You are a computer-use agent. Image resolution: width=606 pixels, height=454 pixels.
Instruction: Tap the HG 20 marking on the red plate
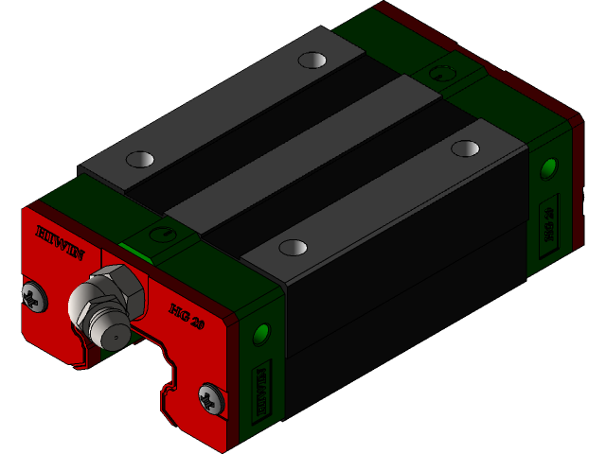187,315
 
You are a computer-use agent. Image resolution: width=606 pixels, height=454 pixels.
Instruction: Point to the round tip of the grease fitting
116,335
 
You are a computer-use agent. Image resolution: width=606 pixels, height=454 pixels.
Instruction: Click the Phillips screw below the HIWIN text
35,295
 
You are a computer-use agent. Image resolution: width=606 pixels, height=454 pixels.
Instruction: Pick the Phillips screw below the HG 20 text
210,398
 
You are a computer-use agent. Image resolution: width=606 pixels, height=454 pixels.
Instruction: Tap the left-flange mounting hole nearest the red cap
139,159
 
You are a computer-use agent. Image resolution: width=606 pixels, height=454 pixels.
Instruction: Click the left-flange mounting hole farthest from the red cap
312,61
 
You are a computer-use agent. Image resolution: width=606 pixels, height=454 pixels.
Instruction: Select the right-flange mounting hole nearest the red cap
293,247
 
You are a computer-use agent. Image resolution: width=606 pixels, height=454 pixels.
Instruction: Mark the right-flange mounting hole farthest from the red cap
465,148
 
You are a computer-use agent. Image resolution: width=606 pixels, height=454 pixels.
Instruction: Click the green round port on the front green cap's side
260,334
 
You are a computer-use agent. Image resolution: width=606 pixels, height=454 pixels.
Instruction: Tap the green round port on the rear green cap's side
547,169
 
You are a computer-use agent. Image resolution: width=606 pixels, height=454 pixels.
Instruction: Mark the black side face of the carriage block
407,293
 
